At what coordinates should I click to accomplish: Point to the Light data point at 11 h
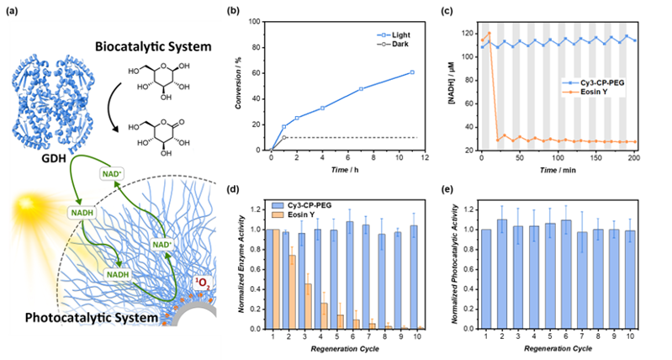412,72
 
